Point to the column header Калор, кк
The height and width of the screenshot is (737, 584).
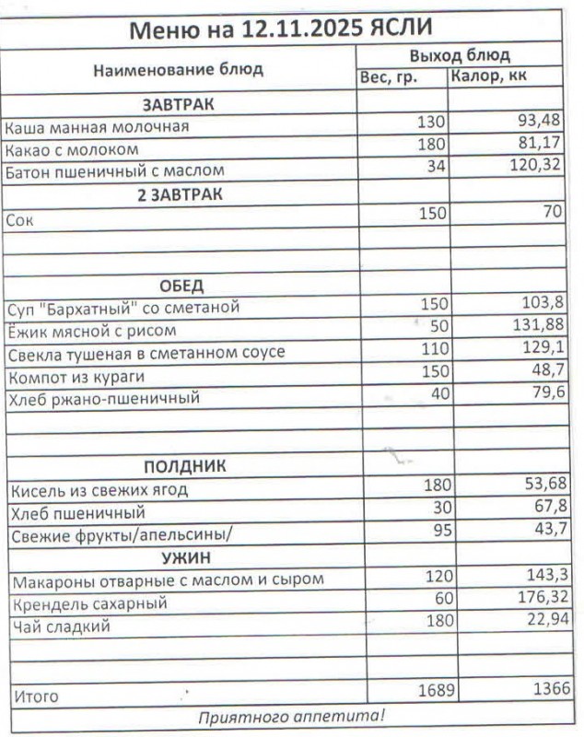(488, 76)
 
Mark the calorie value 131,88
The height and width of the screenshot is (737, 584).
(538, 326)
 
